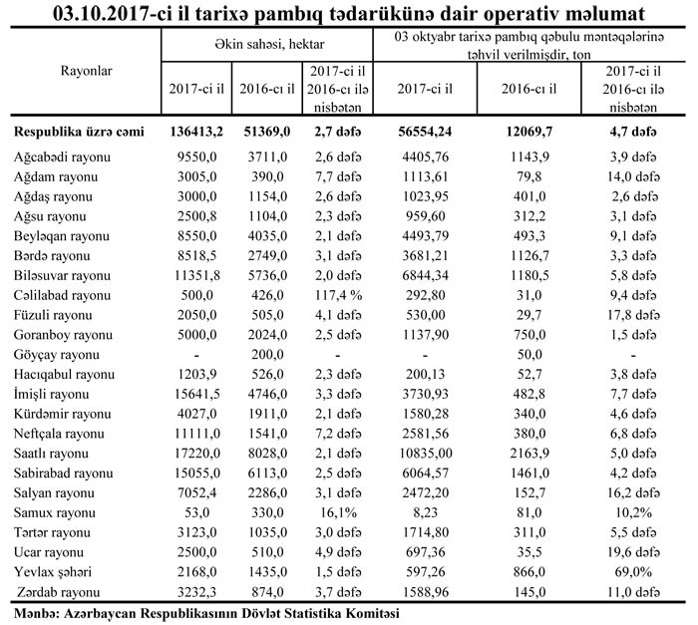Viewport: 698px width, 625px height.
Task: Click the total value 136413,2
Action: (x=194, y=132)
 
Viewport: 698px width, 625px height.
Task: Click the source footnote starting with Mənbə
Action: (x=201, y=612)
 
